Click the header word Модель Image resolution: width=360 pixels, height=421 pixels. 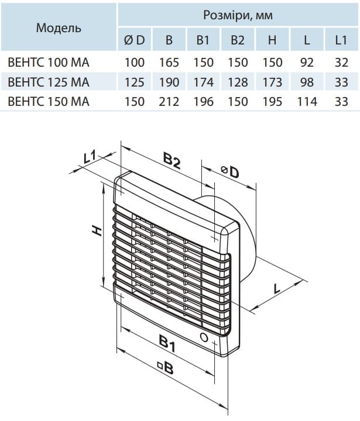59,27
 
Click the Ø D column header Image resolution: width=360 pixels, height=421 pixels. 135,40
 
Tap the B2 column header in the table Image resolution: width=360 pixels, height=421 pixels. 237,40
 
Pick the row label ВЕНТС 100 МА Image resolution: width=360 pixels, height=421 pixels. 48,62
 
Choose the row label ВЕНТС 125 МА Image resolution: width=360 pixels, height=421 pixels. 48,82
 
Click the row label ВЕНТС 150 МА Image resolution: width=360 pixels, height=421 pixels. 48,102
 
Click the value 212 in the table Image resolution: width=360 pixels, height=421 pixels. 169,102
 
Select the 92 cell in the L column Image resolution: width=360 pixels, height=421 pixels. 307,62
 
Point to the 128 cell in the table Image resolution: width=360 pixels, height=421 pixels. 237,82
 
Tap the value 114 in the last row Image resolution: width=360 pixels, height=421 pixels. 307,102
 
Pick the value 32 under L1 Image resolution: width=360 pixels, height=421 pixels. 341,62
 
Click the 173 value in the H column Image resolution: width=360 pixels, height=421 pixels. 272,82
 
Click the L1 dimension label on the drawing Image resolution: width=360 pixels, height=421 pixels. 90,156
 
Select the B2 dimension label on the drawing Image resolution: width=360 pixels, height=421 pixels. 172,160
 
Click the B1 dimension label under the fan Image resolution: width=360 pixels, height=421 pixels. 168,345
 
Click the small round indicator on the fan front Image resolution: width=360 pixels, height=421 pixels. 203,338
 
